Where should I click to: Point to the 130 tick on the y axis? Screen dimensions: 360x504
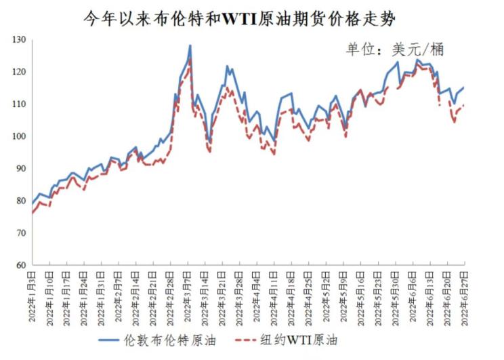point(19,40)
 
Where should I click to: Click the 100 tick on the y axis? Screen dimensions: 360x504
point(19,136)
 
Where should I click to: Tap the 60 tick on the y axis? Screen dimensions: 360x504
point(20,265)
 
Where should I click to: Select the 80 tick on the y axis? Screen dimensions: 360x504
point(20,201)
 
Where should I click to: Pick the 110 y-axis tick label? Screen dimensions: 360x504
point(19,104)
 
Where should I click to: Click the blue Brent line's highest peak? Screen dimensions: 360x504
point(190,45)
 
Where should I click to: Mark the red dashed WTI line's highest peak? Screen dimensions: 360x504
point(190,59)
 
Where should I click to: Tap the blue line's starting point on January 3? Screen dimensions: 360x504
point(32,203)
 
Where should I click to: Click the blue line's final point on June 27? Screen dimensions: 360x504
point(464,87)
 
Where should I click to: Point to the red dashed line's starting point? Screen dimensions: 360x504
point(32,214)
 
